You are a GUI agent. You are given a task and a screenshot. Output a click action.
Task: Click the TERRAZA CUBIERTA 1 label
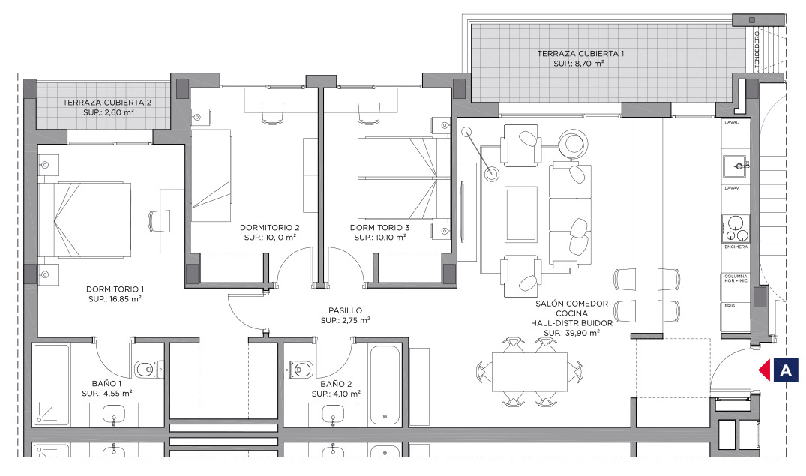click(580, 53)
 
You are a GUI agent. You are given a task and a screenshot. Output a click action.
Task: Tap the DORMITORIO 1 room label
click(115, 289)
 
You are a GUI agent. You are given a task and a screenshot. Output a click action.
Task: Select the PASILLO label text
click(346, 310)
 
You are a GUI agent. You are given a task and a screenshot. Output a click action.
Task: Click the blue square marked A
click(786, 370)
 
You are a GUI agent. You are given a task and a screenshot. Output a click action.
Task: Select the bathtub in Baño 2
click(384, 385)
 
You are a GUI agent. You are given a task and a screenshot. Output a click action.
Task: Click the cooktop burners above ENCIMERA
click(736, 229)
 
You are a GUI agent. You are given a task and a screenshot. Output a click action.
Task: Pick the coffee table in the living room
click(521, 214)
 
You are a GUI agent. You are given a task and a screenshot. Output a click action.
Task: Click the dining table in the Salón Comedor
click(529, 372)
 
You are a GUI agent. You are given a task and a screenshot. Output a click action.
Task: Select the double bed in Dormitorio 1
click(85, 220)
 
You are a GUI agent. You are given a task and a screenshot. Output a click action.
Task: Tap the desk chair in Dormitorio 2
click(272, 113)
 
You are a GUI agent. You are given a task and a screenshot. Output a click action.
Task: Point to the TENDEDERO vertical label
click(757, 49)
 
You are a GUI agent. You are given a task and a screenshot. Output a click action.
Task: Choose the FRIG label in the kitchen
click(730, 306)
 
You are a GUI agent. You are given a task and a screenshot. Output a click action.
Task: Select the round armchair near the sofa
click(573, 145)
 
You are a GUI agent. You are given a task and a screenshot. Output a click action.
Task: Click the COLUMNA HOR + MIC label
click(736, 279)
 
